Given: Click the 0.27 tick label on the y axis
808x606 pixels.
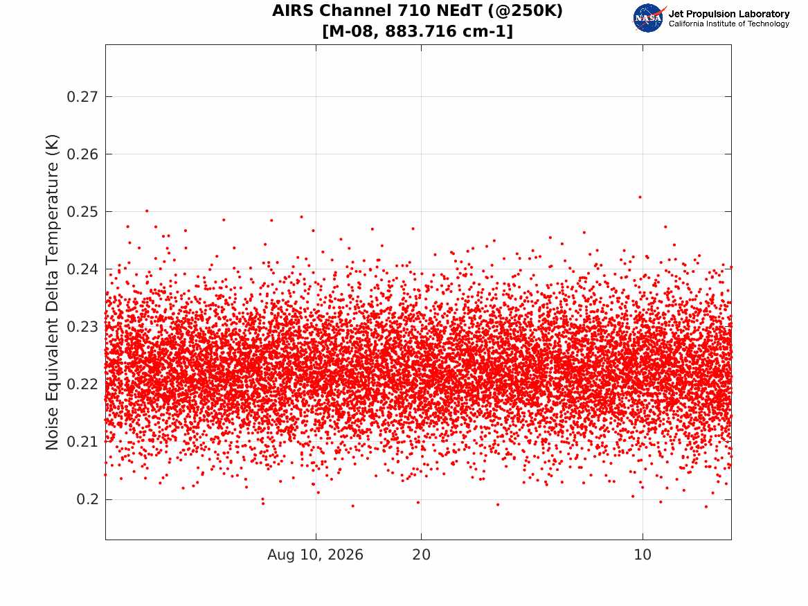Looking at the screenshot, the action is point(82,96).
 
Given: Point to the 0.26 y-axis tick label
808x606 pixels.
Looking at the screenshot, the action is point(82,154).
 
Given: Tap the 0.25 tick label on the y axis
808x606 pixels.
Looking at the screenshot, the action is point(82,212).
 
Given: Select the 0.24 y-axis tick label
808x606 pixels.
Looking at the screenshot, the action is point(82,269).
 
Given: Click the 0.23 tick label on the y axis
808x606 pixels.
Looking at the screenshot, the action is point(82,327).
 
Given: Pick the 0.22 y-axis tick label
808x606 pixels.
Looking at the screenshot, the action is point(82,384).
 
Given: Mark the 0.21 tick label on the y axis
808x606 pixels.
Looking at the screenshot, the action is point(82,442).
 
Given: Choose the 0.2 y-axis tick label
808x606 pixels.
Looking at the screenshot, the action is point(87,499).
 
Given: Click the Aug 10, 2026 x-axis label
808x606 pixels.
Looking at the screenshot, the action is point(315,555).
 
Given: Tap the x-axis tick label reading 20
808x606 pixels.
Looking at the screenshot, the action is point(421,555).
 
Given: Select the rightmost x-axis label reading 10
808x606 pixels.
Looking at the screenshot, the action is point(643,555).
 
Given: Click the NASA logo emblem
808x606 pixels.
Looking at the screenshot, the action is point(649,18).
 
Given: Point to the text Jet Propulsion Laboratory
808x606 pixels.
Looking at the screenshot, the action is point(729,14).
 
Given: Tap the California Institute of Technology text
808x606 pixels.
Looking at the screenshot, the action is point(729,24).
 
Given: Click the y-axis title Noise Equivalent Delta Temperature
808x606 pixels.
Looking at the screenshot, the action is point(52,292).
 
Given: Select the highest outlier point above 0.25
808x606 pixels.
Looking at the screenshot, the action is point(640,197).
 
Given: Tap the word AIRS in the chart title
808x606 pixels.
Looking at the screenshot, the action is point(293,10).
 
